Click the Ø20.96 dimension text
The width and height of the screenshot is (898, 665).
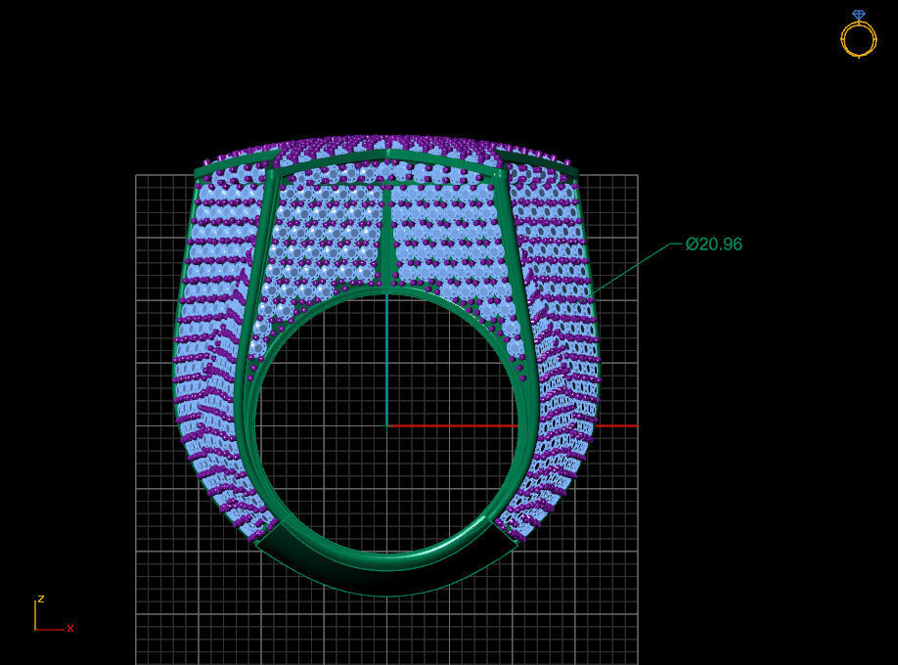tap(714, 244)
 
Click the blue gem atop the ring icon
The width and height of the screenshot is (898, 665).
tap(859, 15)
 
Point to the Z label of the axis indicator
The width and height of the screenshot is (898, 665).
tap(40, 598)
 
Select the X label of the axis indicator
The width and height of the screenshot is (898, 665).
tap(70, 628)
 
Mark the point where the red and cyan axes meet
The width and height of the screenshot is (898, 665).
tap(386, 425)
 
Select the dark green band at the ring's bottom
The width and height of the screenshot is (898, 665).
tap(386, 572)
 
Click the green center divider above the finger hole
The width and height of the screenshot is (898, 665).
tap(388, 240)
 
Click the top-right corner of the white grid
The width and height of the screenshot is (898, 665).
tap(637, 175)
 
